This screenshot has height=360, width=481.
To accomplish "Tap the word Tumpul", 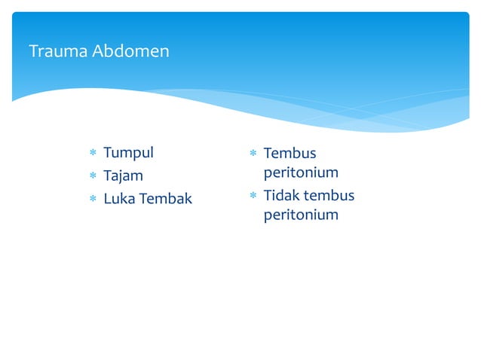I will [x=128, y=153].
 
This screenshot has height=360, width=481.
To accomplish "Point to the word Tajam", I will [x=123, y=176].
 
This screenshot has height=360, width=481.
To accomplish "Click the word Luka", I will [x=119, y=200].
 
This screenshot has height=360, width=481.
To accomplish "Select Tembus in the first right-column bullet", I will [x=290, y=154].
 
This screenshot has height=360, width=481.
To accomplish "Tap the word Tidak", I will [x=281, y=196].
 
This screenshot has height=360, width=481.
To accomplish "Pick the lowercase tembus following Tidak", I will [x=329, y=196].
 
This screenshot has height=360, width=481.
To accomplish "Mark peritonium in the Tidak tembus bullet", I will [x=301, y=215].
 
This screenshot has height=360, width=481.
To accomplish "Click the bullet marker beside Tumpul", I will [x=93, y=154].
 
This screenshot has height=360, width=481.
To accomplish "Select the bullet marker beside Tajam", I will [x=93, y=177].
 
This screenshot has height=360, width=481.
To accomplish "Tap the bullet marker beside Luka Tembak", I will [x=93, y=200].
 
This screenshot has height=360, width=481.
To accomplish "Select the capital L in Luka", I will [x=107, y=200].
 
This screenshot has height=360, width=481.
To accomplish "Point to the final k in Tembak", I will [x=188, y=200].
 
